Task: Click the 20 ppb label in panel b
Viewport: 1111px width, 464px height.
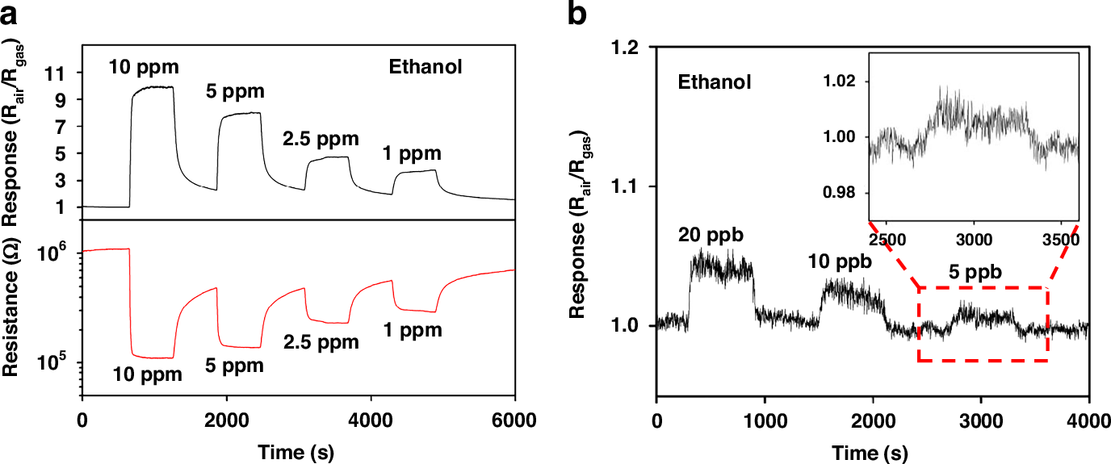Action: [711, 236]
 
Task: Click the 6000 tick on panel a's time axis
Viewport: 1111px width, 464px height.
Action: [514, 420]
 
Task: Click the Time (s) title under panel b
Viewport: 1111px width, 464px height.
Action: [872, 450]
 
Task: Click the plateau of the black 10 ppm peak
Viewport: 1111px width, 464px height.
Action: [153, 87]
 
